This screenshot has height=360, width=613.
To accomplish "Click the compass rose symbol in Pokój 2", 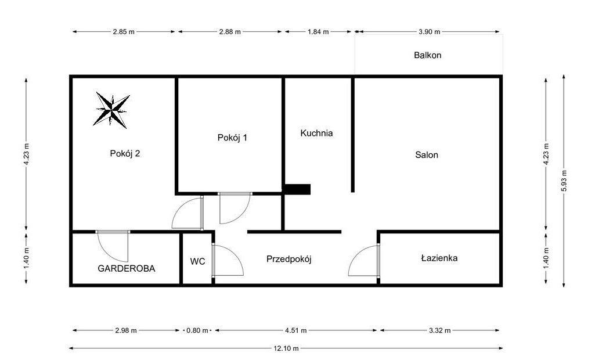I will (111, 109).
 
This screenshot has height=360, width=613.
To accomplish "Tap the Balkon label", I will (428, 56).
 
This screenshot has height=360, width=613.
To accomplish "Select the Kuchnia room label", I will (316, 133).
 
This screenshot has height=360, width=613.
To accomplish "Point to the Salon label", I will (427, 155).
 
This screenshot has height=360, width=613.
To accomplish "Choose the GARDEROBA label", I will (127, 268).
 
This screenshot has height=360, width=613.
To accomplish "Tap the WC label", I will (197, 261).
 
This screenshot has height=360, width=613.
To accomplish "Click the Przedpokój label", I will (289, 259).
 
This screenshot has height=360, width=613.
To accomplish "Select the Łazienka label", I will (439, 258).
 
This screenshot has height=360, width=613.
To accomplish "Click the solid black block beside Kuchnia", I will (297, 189).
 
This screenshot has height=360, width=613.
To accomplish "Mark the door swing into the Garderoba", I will (114, 246).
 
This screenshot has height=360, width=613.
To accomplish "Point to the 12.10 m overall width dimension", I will (287, 348).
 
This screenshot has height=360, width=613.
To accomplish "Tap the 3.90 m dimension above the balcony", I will (429, 32).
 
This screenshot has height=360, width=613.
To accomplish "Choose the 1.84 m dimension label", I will (318, 32).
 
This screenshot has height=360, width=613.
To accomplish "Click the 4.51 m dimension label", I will (296, 330).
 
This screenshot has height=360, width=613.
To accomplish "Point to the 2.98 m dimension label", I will (126, 330).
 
